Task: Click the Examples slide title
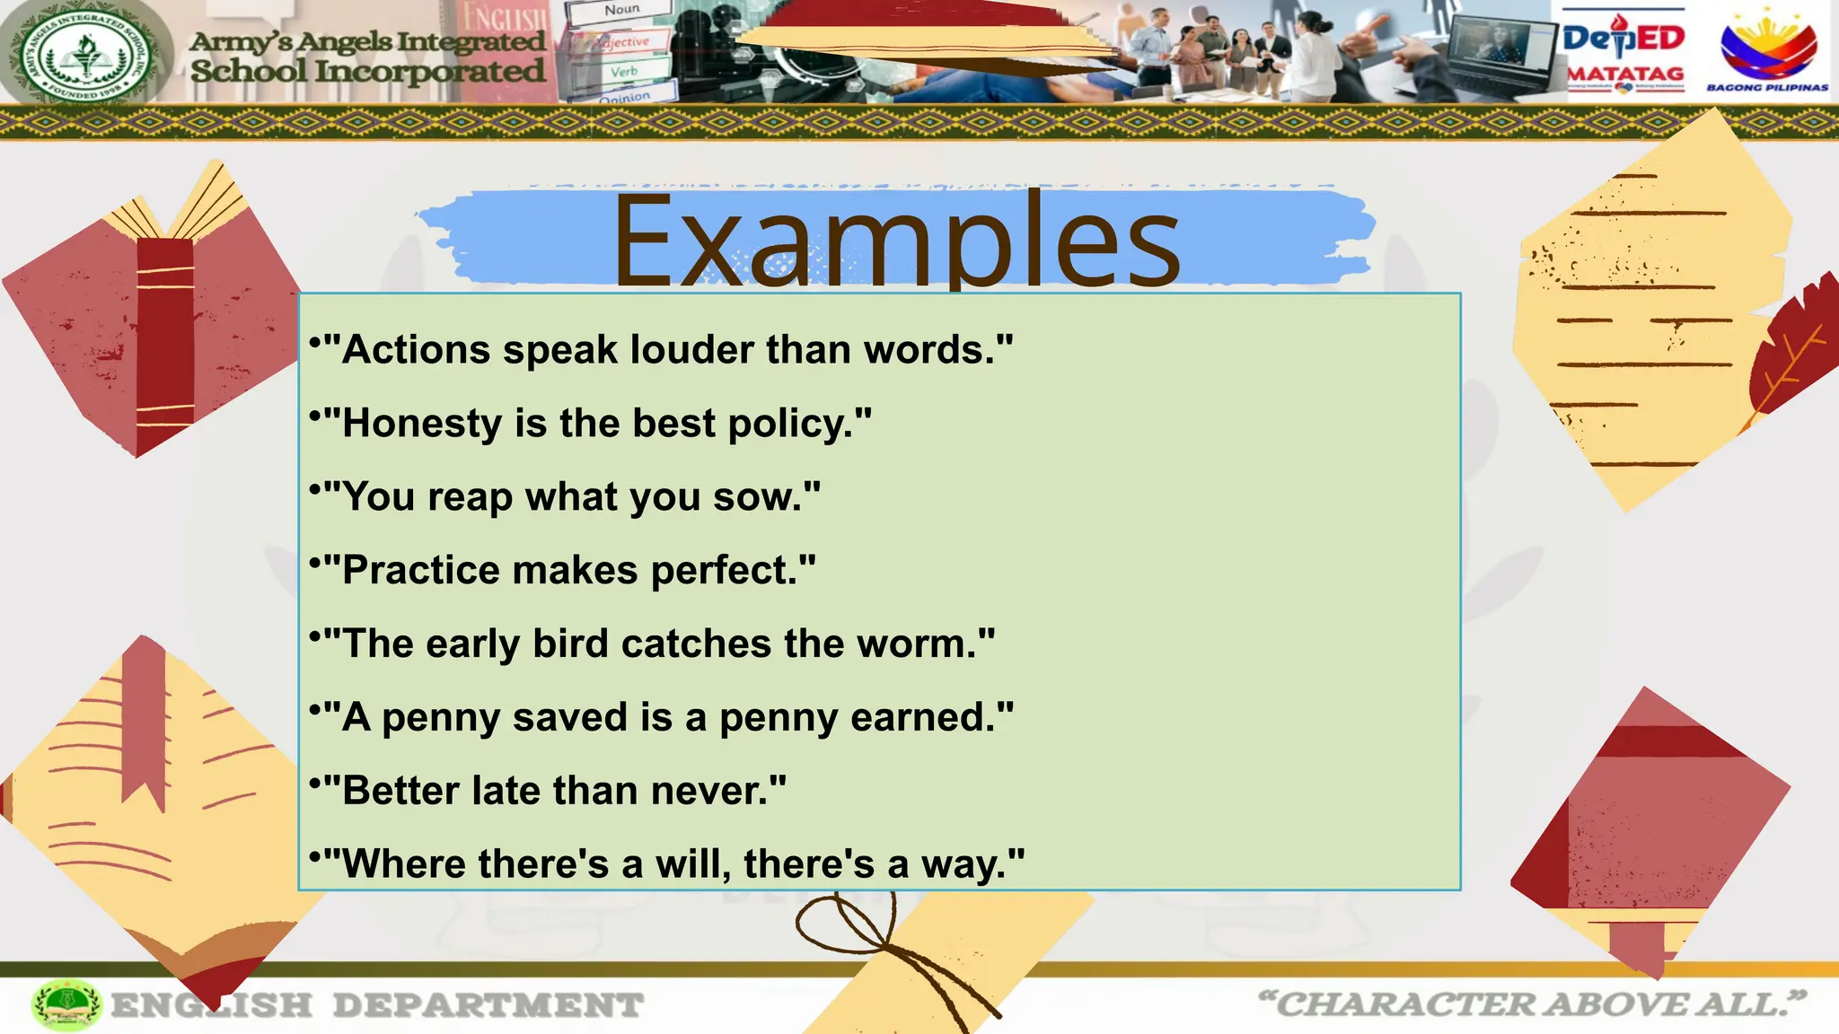point(896,242)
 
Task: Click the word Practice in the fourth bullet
point(421,571)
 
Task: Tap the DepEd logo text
point(1623,38)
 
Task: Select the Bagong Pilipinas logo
point(1767,52)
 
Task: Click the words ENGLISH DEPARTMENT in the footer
point(377,1005)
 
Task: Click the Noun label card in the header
point(621,10)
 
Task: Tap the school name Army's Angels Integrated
point(367,42)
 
